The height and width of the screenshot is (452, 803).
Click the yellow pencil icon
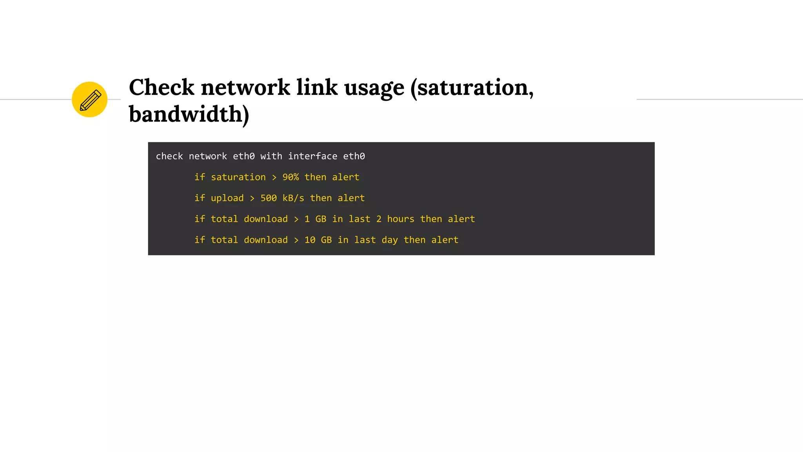[x=89, y=100]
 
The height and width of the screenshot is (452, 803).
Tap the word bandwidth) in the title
[x=189, y=114]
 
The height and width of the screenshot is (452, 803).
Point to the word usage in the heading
[x=374, y=88]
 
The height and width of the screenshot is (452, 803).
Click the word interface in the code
[x=312, y=156]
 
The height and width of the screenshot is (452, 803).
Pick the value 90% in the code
[x=291, y=177]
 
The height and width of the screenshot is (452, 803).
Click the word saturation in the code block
[x=238, y=177]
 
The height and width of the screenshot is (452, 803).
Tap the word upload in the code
[x=227, y=198]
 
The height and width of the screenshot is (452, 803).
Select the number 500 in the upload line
[x=269, y=198]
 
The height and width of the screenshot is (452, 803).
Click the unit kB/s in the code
[x=293, y=198]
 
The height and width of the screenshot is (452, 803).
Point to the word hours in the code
[x=400, y=219]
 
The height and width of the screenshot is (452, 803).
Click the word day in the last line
[x=389, y=240]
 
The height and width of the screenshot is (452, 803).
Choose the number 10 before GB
[x=310, y=240]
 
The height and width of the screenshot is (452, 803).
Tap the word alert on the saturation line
[x=345, y=177]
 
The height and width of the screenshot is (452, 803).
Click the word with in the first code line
[x=271, y=156]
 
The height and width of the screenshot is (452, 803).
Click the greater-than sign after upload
[x=252, y=199]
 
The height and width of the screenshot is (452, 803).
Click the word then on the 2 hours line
[x=431, y=219]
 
